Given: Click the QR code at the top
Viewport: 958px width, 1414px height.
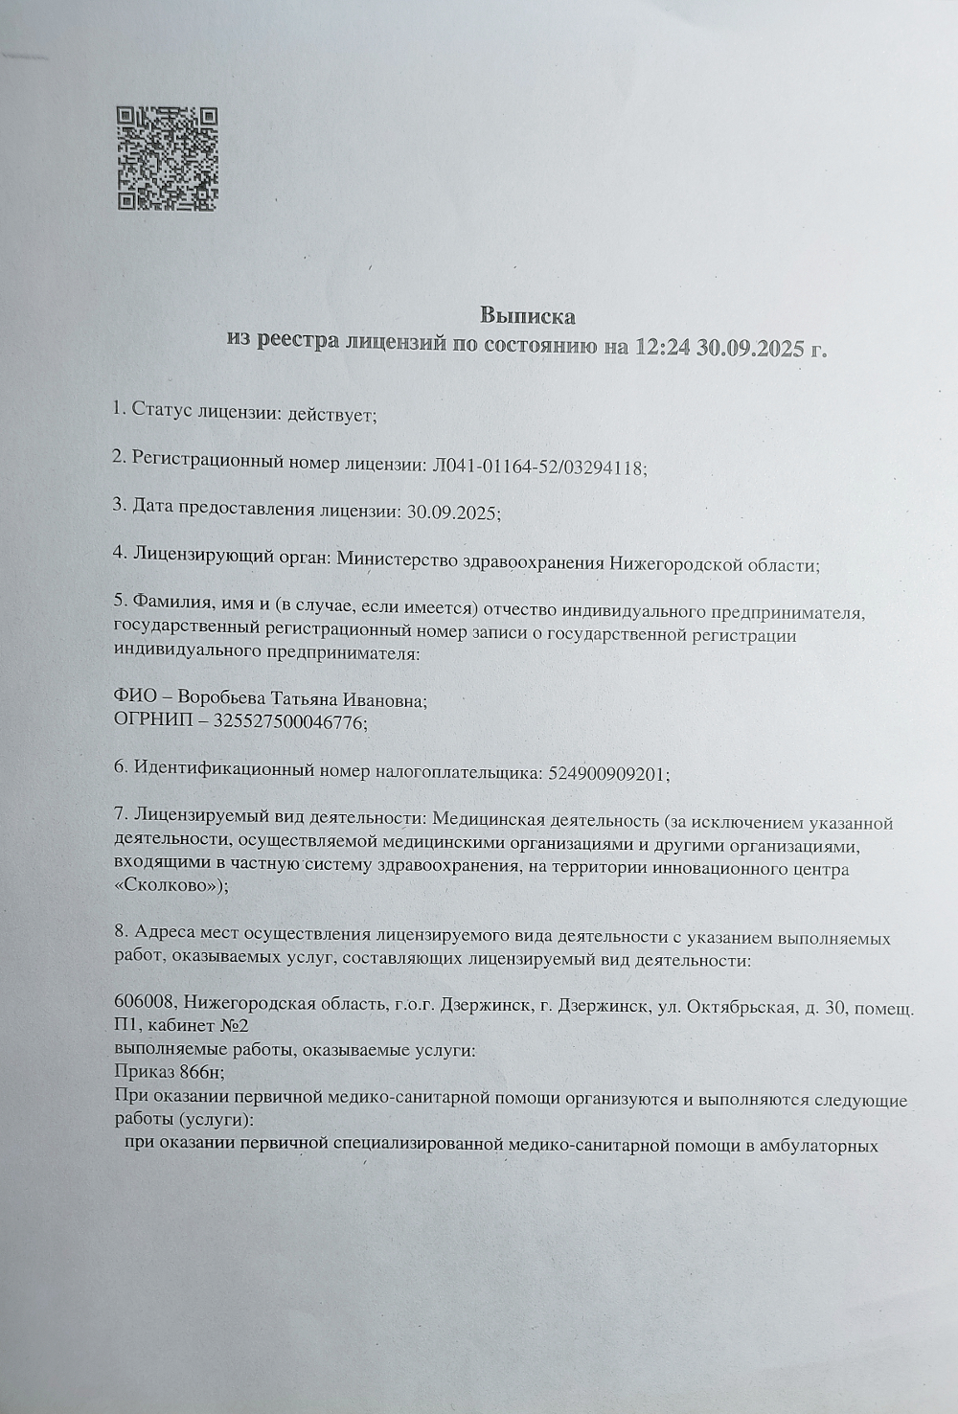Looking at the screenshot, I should click(168, 158).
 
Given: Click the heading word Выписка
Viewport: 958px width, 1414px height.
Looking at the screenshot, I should click(527, 315).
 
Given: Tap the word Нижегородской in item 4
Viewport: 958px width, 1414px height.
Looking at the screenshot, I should click(676, 563).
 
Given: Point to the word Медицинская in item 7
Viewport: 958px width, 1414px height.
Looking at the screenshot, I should click(489, 820).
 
